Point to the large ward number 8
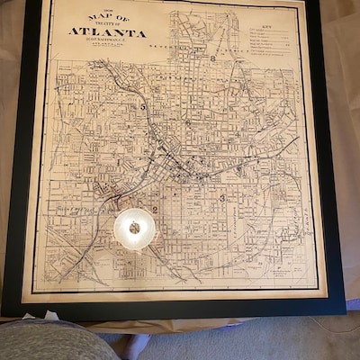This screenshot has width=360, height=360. tap(213, 58)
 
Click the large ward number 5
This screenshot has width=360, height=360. tap(142, 106)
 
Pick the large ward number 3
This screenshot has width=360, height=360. tap(222, 197)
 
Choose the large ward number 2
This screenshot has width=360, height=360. tap(156, 210)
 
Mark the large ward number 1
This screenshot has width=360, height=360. tap(117, 162)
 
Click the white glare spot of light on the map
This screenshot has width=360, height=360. tap(134, 229)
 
